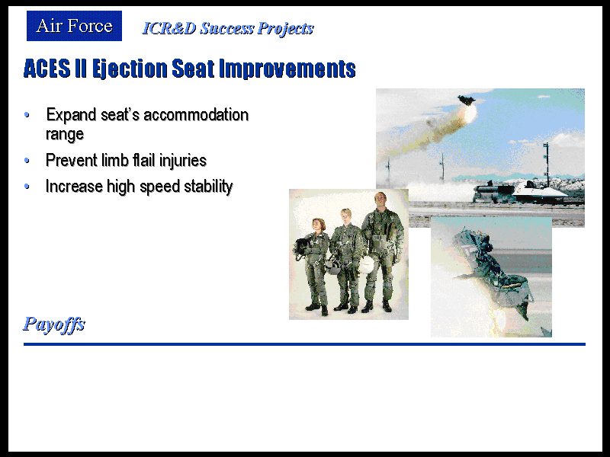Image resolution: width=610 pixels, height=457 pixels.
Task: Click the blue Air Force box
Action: [x=74, y=26]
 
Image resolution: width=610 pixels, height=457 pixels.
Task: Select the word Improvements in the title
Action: [x=287, y=69]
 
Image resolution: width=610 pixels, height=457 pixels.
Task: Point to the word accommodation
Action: [x=196, y=115]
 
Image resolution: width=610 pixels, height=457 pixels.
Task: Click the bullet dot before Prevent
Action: [x=27, y=160]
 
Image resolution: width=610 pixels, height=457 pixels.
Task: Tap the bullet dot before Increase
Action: [x=27, y=186]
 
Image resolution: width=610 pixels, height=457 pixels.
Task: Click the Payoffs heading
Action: [x=54, y=324]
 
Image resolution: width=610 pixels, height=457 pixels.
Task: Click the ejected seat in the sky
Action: [x=467, y=101]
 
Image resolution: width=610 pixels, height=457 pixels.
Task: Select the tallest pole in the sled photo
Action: [x=547, y=165]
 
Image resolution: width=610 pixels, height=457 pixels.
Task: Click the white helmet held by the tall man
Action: [x=366, y=265]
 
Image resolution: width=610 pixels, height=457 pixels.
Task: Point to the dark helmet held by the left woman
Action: [x=302, y=245]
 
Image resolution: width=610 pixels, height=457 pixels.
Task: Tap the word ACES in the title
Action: [x=47, y=69]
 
